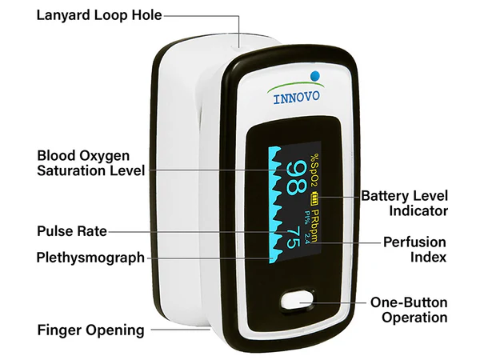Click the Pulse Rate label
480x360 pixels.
point(71,232)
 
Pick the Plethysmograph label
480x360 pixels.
point(90,258)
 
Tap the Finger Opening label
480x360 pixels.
point(91,330)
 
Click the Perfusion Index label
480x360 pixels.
point(414,250)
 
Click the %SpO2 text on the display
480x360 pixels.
point(315,169)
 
